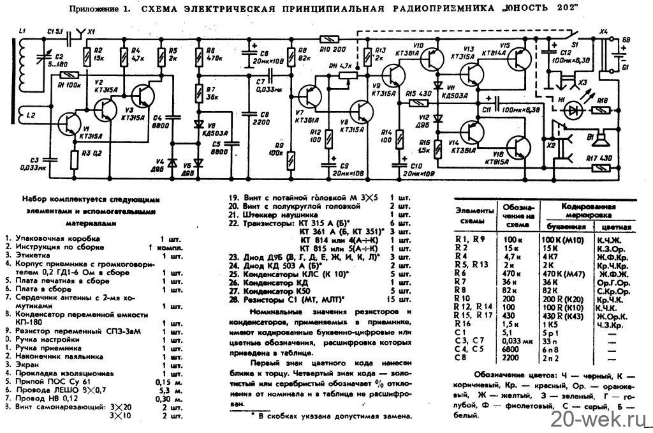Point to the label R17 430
click(601, 157)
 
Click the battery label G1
click(626, 66)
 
